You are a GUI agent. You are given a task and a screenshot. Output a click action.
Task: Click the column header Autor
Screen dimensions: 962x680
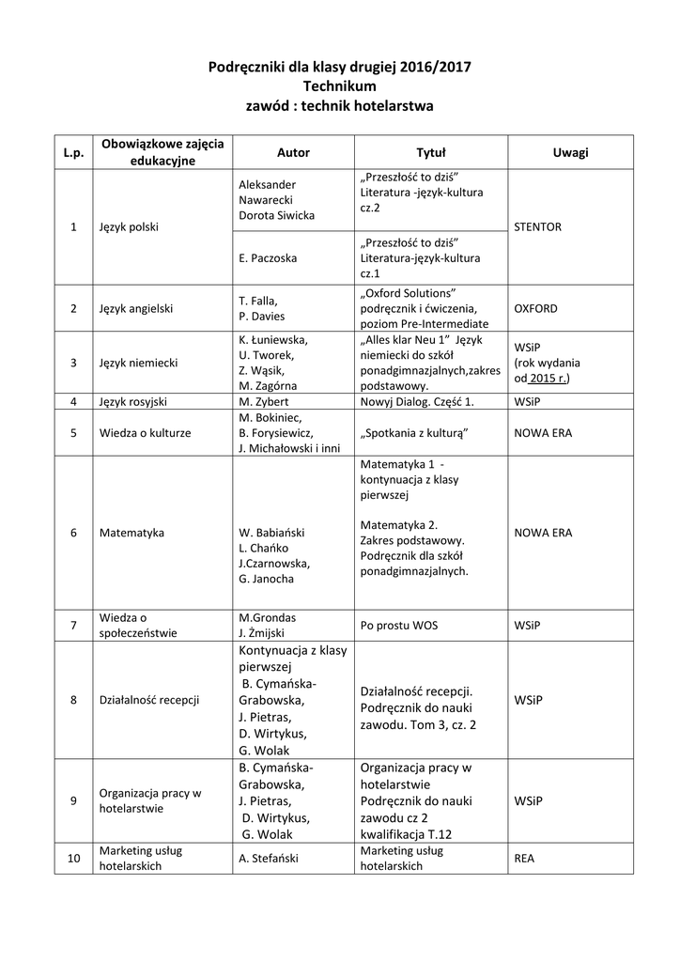293,152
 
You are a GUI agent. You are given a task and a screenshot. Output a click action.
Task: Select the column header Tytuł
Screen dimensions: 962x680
430,152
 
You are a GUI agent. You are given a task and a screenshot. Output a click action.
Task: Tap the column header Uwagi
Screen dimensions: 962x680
570,152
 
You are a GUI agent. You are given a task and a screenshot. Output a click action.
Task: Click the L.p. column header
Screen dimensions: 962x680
73,152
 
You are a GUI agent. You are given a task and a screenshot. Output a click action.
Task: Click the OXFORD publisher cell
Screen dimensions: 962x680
535,308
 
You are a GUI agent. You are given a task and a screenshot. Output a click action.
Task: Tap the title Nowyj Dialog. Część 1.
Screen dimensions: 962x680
417,401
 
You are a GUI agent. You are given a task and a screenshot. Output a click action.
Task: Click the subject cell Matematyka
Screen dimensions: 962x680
131,533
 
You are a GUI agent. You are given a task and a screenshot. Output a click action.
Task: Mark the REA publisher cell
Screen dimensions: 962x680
524,858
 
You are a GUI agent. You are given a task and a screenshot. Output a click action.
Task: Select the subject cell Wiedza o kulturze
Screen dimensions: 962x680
145,433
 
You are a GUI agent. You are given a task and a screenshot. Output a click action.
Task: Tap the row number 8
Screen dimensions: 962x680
73,700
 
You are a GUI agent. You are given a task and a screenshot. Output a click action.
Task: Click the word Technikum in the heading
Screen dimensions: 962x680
339,86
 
